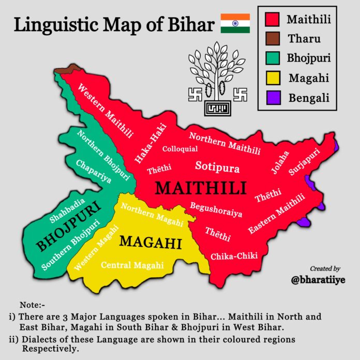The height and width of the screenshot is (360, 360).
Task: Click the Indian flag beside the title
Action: click(235, 24)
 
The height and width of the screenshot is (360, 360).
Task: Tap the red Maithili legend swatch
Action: click(273, 20)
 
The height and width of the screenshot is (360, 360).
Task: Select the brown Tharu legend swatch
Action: click(273, 39)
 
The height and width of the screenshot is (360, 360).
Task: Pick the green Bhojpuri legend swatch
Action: click(273, 58)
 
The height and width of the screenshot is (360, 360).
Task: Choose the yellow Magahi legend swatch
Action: click(273, 78)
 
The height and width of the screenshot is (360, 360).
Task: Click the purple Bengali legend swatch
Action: click(273, 97)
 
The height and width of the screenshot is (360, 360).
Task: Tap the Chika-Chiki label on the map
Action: click(234, 256)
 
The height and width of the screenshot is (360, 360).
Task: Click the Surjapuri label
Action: click(304, 161)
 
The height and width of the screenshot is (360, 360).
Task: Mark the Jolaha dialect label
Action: click(282, 162)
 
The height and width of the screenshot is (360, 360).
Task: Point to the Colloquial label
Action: click(180, 149)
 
